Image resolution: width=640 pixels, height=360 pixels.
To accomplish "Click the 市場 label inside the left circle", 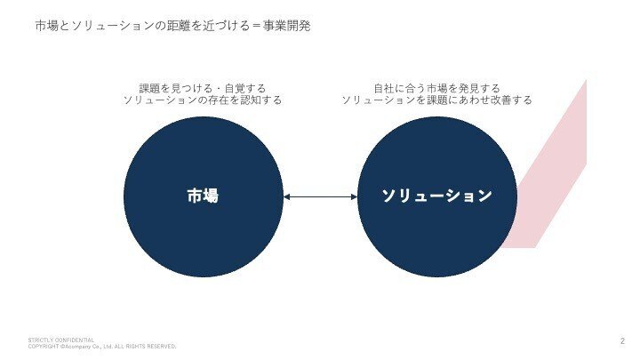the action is click(203, 196).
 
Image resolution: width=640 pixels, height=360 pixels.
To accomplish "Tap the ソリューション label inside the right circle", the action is click(436, 196).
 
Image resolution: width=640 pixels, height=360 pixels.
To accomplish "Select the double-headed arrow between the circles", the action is click(320, 197).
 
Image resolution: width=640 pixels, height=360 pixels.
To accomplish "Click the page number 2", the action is click(621, 340).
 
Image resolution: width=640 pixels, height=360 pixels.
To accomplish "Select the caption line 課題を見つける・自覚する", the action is click(202, 88).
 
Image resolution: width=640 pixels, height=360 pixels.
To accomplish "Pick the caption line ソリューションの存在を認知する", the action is click(202, 100).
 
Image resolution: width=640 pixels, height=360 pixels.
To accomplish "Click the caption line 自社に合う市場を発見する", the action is click(436, 88).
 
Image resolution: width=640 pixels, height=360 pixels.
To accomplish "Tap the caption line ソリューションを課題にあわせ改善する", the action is click(436, 100).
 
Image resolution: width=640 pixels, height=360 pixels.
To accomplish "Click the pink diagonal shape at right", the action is click(556, 169).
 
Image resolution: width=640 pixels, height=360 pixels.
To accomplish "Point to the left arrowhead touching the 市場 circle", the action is click(287, 197).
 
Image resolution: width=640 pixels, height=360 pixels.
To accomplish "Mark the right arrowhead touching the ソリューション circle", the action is click(353, 197).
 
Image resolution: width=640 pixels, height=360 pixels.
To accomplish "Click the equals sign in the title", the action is click(254, 27).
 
